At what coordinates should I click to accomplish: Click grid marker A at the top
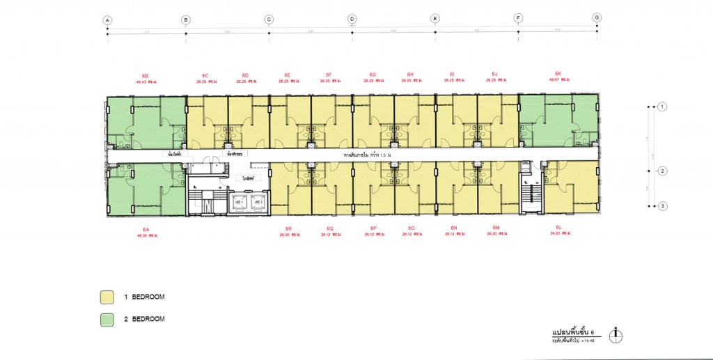(x=107, y=19)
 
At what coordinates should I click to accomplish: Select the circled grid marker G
(x=597, y=18)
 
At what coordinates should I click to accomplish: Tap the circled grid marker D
(x=352, y=19)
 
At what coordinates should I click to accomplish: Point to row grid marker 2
(x=663, y=171)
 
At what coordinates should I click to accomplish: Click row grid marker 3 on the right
(x=663, y=205)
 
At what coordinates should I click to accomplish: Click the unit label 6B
(x=145, y=75)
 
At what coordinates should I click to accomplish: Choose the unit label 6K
(x=558, y=73)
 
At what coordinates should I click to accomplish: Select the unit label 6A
(x=146, y=229)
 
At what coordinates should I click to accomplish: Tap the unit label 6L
(x=558, y=228)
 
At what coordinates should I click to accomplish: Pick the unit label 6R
(x=288, y=228)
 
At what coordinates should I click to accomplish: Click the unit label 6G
(x=373, y=75)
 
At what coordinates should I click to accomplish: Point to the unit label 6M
(x=496, y=228)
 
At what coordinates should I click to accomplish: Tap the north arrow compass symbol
(x=614, y=336)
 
